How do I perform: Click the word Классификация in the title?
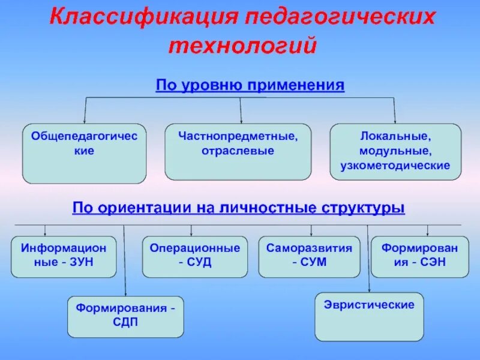pyautogui.click(x=144, y=17)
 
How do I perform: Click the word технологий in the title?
pyautogui.click(x=242, y=46)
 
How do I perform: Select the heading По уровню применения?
pyautogui.click(x=250, y=85)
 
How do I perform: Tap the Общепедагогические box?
pyautogui.click(x=84, y=153)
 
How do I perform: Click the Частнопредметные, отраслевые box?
pyautogui.click(x=238, y=151)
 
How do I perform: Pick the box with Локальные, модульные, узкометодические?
pyautogui.click(x=395, y=151)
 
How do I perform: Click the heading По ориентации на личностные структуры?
pyautogui.click(x=239, y=208)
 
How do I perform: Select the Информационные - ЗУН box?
pyautogui.click(x=64, y=257)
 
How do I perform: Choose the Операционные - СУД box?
pyautogui.click(x=195, y=257)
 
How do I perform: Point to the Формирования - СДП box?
pyautogui.click(x=125, y=316)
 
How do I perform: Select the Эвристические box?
pyautogui.click(x=369, y=316)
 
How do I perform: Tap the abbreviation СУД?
pyautogui.click(x=200, y=263)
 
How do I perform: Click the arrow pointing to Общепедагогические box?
pyautogui.click(x=84, y=112)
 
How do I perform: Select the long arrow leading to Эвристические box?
pyautogui.click(x=368, y=258)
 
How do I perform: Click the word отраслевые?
pyautogui.click(x=238, y=150)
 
